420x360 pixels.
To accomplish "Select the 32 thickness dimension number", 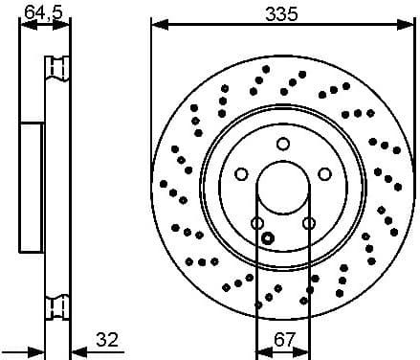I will [x=108, y=339].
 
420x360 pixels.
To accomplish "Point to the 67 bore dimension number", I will [x=282, y=339].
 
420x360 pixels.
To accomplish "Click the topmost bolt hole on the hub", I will [x=282, y=144].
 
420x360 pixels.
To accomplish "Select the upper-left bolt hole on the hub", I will [x=241, y=174].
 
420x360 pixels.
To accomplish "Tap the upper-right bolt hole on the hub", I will [x=324, y=174].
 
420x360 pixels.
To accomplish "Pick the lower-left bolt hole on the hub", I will [x=256, y=223].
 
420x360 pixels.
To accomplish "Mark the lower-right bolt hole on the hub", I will [x=308, y=223].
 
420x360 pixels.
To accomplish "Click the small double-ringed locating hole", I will [x=268, y=238].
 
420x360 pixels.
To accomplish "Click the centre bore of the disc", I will [x=282, y=188].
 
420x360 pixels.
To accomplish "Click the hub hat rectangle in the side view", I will [x=33, y=188].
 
